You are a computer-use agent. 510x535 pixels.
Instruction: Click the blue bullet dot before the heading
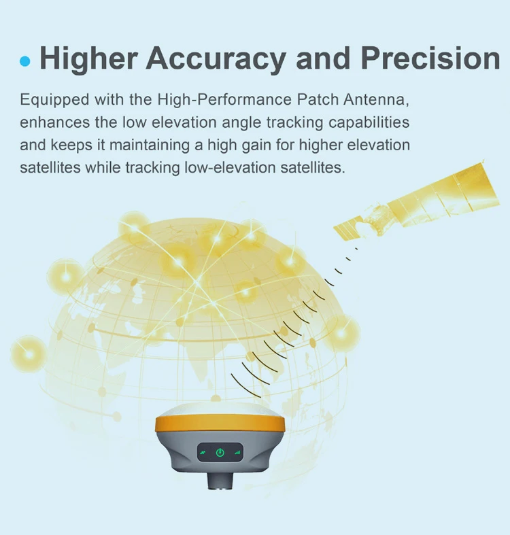[x=25, y=61]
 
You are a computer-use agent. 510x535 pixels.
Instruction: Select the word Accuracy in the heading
[x=216, y=60]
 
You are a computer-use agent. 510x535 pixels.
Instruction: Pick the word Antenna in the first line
[x=373, y=101]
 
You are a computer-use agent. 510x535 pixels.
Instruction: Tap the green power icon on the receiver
[x=220, y=452]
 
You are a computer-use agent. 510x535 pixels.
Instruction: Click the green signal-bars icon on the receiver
[x=237, y=452]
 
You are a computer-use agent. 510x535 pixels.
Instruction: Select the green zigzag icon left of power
[x=202, y=452]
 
